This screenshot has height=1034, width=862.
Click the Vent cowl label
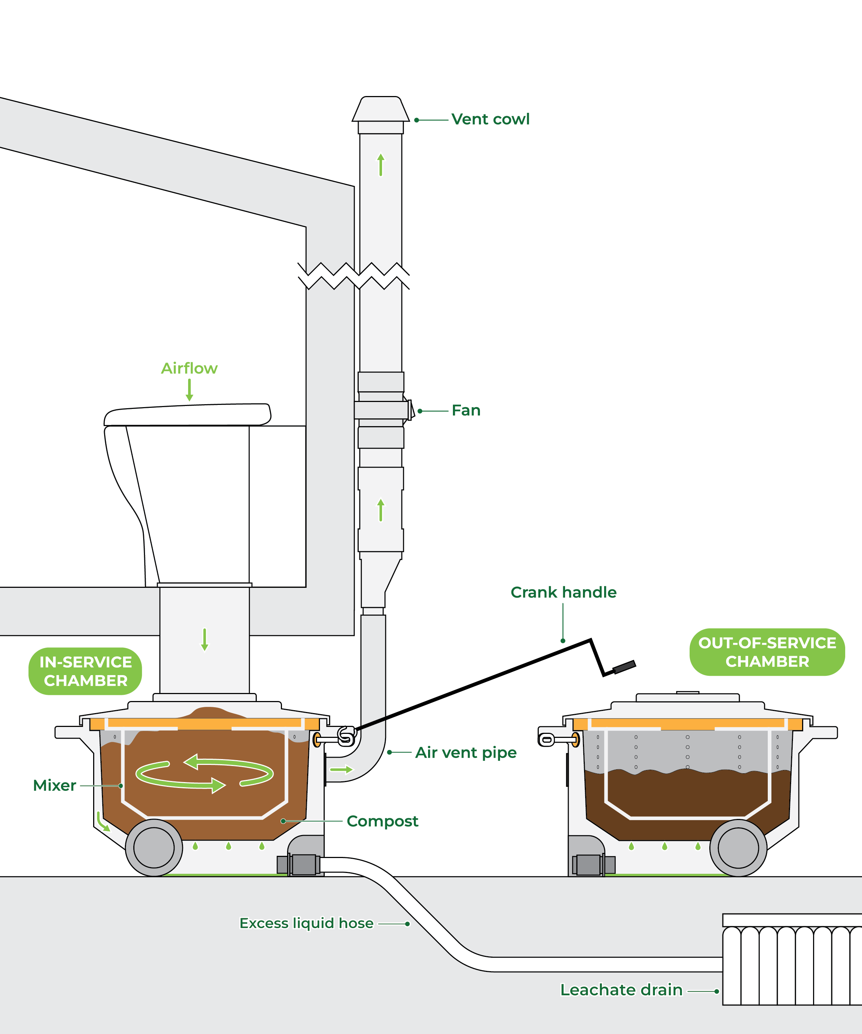490,119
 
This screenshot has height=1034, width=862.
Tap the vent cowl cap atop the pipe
380,110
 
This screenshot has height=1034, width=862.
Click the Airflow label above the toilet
189,368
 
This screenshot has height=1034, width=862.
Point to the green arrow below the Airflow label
189,390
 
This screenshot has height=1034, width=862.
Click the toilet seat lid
187,414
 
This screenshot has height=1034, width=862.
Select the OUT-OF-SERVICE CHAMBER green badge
767,652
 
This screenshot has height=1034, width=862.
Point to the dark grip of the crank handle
624,667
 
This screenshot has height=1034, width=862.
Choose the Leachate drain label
621,990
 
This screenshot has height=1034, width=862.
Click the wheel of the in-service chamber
154,847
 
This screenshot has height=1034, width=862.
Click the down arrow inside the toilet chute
205,639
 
